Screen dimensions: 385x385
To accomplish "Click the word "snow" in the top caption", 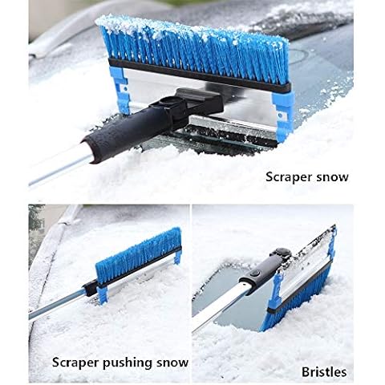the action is pos(335,177).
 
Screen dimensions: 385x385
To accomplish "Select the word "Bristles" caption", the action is pos(324,372).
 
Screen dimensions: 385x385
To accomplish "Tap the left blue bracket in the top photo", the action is pos(120,91).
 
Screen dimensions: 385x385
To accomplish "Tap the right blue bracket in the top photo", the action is pos(284,115).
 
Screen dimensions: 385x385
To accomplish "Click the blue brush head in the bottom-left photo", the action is pos(139,256).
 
